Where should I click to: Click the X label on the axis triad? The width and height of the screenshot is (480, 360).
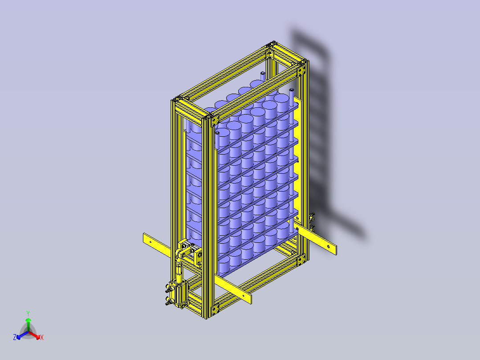[x=41, y=338]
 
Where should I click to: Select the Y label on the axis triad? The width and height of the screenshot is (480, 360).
[x=28, y=313]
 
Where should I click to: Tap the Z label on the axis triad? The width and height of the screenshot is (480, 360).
[x=15, y=338]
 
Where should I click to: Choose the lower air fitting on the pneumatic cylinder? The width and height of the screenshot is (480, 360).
[x=168, y=302]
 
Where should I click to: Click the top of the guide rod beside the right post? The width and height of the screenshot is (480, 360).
[x=292, y=90]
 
